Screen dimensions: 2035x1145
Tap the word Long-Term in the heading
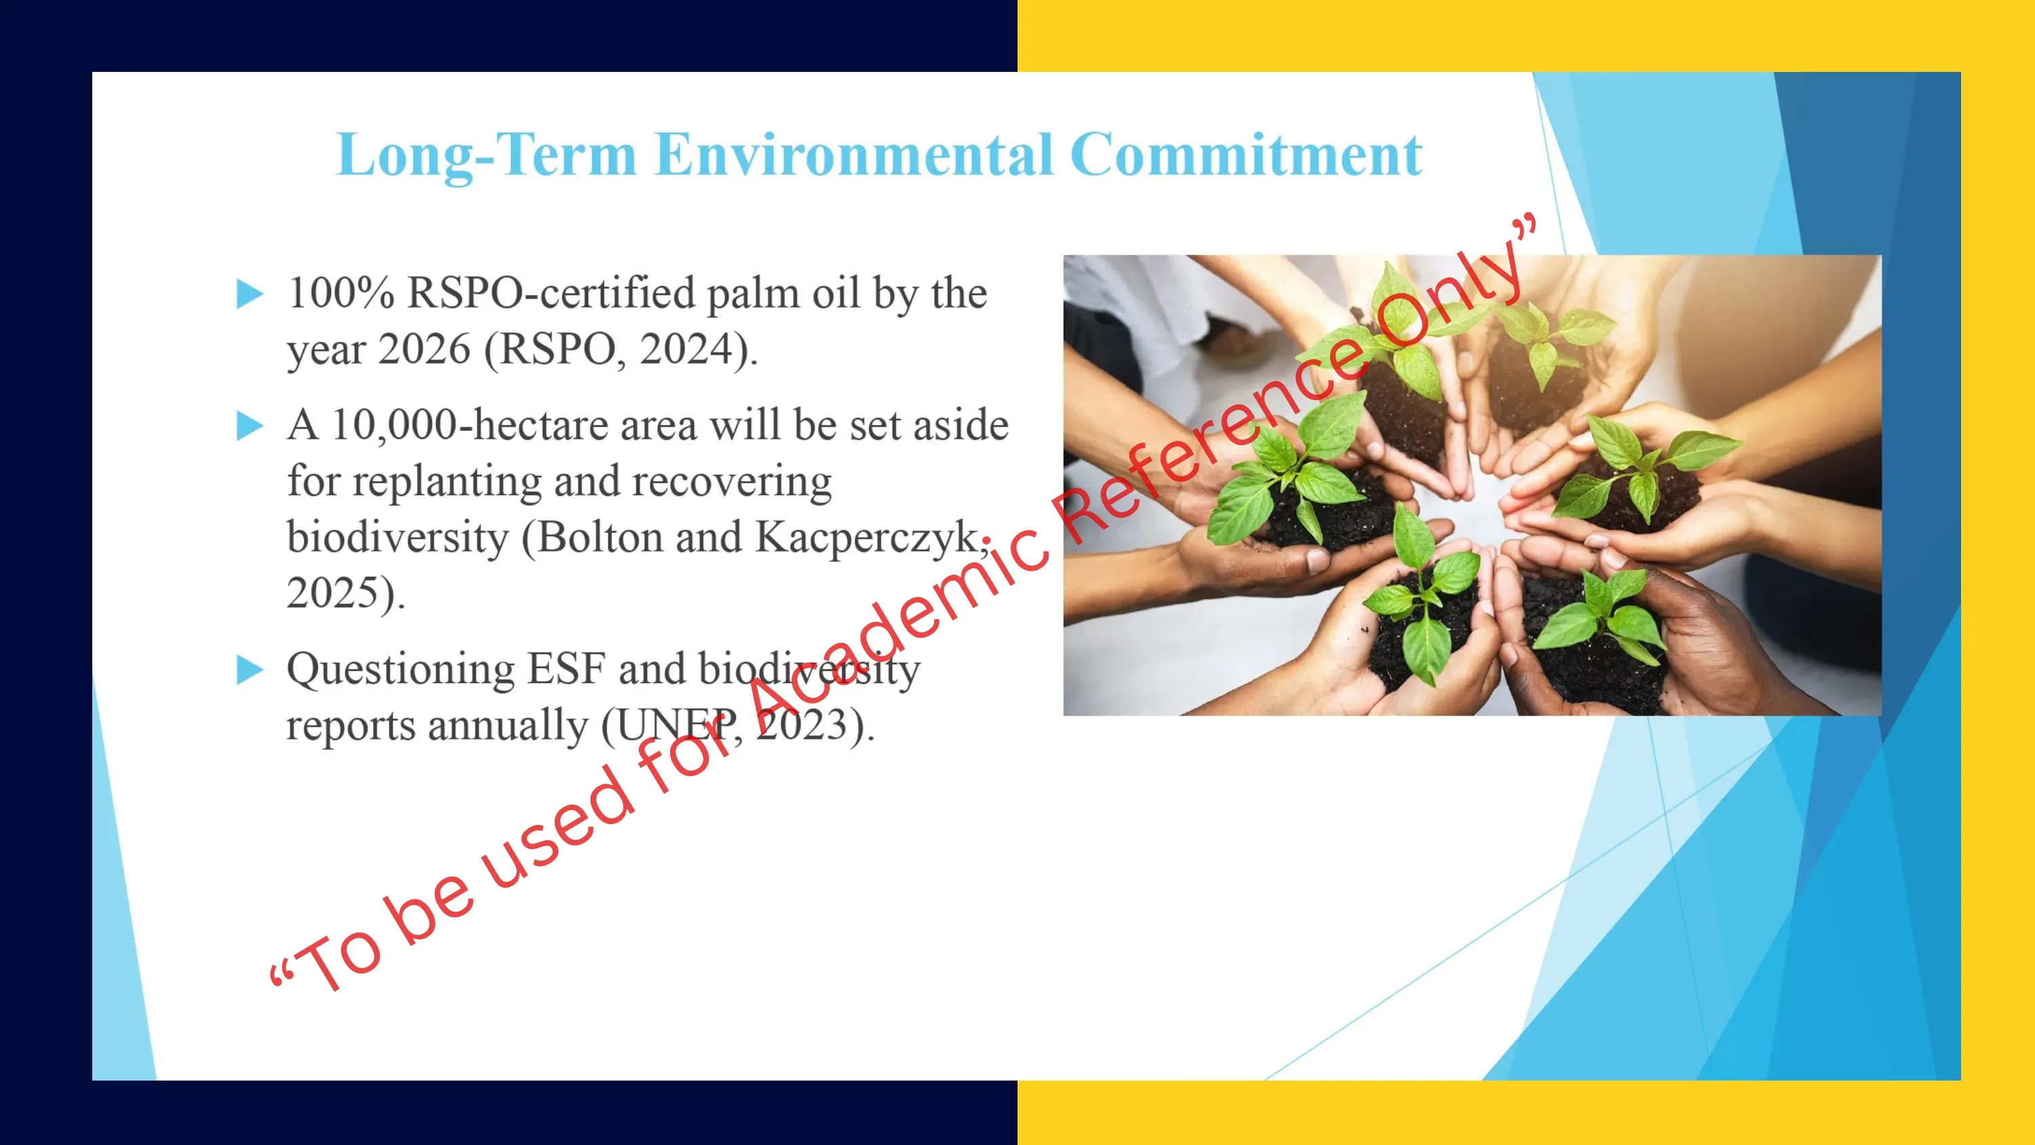click(486, 155)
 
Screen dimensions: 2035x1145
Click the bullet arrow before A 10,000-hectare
click(250, 426)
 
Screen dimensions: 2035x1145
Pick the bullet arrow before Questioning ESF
click(250, 670)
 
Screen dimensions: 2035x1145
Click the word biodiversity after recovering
click(398, 537)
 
